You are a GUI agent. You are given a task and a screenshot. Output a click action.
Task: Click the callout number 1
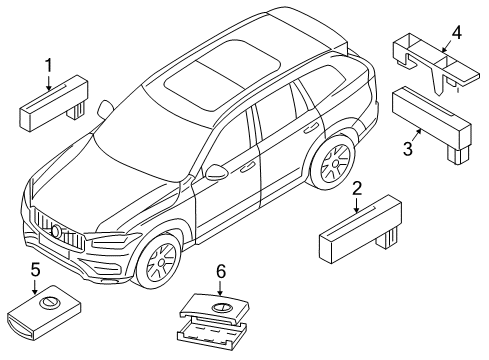tap(49, 65)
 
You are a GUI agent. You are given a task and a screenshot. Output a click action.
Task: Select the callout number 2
tap(357, 189)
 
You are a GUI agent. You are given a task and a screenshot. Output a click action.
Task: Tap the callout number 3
tap(408, 149)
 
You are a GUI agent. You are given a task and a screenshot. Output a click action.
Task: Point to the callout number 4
tap(457, 33)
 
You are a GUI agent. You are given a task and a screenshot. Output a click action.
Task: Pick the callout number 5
tap(35, 270)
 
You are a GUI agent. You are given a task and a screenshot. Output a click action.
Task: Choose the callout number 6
tap(221, 272)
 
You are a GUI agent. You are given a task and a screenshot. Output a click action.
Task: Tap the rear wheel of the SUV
tap(334, 162)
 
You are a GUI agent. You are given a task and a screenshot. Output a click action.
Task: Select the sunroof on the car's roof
tap(223, 74)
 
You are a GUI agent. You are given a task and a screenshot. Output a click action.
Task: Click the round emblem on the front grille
tap(56, 231)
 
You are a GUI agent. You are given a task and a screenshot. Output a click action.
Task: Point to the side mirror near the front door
tap(216, 172)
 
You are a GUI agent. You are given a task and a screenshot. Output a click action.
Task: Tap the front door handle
tap(247, 167)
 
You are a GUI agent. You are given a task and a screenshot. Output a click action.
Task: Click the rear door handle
tap(311, 128)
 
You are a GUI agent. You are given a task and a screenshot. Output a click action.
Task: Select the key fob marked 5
tap(44, 312)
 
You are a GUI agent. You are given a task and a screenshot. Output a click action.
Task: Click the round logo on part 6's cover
tap(221, 308)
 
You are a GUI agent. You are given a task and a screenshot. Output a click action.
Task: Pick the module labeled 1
tap(54, 102)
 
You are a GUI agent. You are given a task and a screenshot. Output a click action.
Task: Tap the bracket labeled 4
tap(436, 63)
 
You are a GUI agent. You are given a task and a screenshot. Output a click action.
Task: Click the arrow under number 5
tap(35, 286)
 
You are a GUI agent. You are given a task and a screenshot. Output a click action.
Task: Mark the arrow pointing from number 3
tap(416, 136)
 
